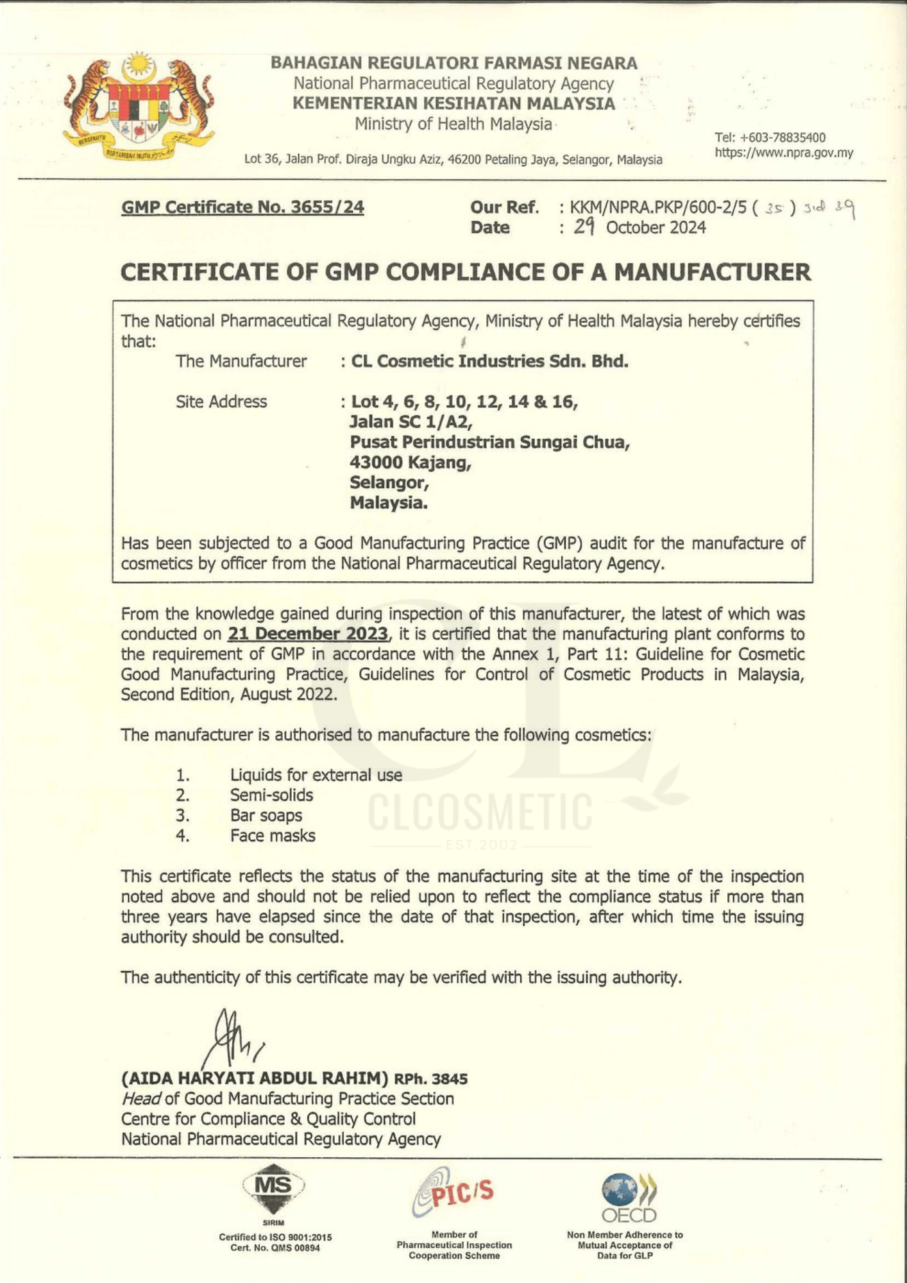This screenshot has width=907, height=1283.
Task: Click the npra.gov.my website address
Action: coord(784,153)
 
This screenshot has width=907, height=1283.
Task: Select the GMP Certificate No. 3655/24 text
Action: coord(242,207)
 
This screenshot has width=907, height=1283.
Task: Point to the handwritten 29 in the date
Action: coord(584,226)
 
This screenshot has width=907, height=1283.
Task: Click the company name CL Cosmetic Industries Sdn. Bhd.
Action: coord(489,361)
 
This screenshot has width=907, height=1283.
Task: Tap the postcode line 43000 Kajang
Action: coord(411,462)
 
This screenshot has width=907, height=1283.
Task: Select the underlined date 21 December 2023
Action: coord(308,634)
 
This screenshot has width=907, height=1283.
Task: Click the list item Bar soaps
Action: coord(266,815)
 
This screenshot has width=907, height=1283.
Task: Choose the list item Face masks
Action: coord(273,836)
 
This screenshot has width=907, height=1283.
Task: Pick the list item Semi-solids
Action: coord(271,795)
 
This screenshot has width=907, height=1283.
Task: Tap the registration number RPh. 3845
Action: coord(430,1079)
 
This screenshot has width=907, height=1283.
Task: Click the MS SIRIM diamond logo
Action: coord(273,1187)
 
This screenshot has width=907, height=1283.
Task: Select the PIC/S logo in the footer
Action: coord(453,1191)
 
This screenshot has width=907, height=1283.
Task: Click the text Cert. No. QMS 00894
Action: coord(275,1248)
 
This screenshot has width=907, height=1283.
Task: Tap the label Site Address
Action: coord(221,402)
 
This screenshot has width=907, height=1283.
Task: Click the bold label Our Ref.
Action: coord(504,207)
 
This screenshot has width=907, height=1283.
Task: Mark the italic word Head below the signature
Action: coord(141,1099)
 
